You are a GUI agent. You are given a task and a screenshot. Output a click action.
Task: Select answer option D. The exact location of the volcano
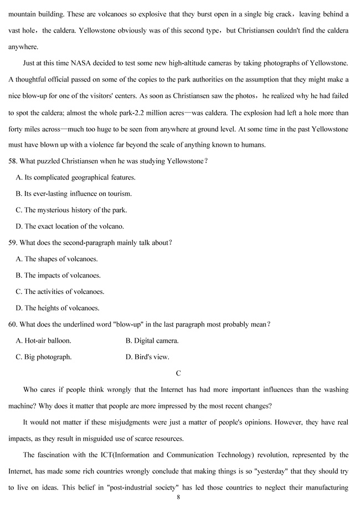pyautogui.click(x=70, y=226)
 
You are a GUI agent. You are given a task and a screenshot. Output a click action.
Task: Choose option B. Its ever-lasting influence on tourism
pyautogui.click(x=74, y=194)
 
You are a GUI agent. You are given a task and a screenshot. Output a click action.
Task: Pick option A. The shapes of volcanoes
pyautogui.click(x=57, y=259)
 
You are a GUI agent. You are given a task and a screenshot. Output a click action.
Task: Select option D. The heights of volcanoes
pyautogui.click(x=58, y=308)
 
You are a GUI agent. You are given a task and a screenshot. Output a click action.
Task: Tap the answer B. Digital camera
pyautogui.click(x=152, y=340)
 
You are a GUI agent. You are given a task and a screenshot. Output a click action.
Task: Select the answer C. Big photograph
pyautogui.click(x=44, y=357)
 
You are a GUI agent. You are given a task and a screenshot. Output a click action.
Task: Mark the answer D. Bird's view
pyautogui.click(x=147, y=357)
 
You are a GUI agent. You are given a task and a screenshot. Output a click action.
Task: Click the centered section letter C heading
pyautogui.click(x=178, y=373)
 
